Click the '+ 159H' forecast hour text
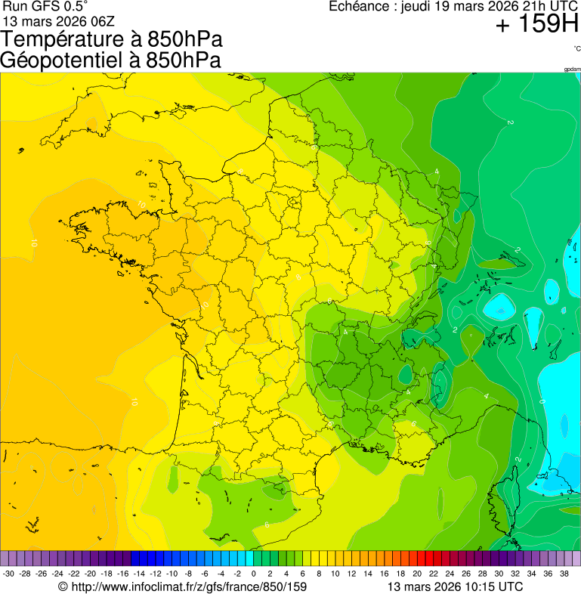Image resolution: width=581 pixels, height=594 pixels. coord(536,26)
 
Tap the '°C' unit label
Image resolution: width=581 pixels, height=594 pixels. coord(576,48)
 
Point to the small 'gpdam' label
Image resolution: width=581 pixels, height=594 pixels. coord(572,70)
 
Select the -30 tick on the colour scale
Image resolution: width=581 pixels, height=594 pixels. coord(9,574)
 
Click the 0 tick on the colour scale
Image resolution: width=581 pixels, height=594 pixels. coord(253,574)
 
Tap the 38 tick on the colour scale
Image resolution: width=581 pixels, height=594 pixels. coord(563,574)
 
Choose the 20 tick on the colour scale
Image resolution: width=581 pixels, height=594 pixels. coord(416,574)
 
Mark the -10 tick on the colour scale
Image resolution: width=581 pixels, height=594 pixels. coord(172,574)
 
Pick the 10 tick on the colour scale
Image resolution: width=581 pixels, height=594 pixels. coord(335,574)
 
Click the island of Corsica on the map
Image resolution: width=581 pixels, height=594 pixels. coord(504,506)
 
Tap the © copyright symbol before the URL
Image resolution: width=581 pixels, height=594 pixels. coord(63,586)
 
